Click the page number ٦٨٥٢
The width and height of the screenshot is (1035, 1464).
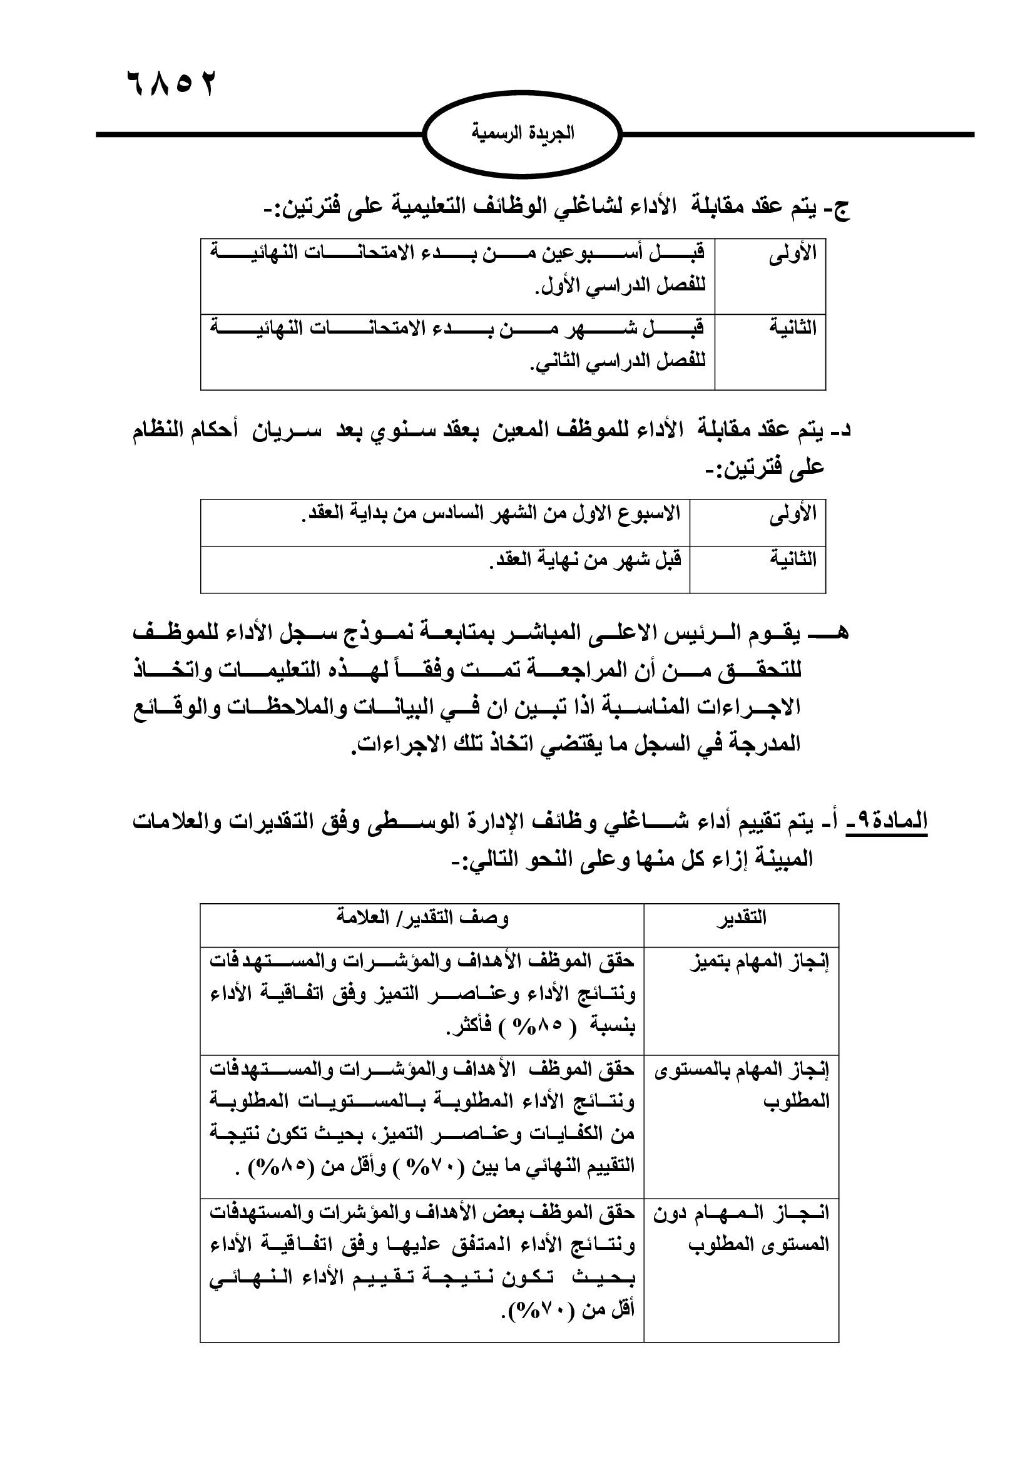click(171, 84)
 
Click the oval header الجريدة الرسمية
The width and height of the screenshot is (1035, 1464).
click(522, 133)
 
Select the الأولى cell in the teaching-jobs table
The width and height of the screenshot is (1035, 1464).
click(792, 255)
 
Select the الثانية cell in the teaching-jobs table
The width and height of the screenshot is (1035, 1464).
click(792, 330)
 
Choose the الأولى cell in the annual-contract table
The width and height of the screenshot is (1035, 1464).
click(792, 514)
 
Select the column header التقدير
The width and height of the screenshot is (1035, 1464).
click(740, 919)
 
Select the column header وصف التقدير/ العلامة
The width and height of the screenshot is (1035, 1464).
click(422, 918)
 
